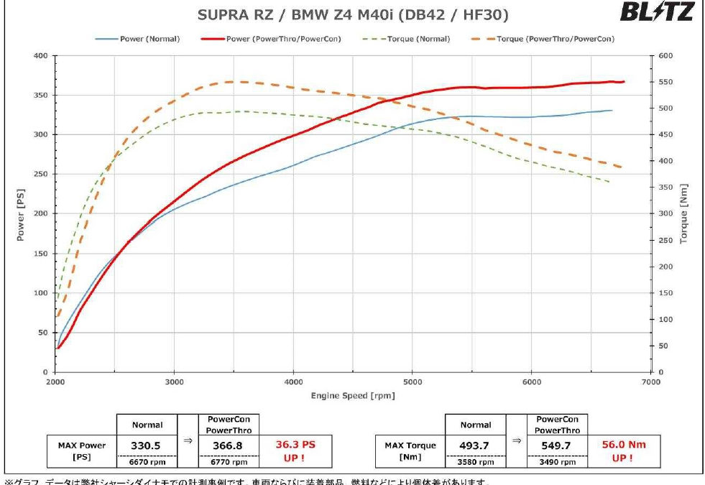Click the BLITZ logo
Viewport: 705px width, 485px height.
point(655,12)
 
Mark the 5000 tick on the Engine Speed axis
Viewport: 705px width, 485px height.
point(412,382)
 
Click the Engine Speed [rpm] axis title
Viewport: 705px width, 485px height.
point(353,396)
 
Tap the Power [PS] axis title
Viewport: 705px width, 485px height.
point(21,213)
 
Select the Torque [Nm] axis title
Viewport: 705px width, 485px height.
point(683,213)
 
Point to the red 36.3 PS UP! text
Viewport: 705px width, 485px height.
point(295,451)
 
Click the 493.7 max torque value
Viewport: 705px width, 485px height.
point(474,445)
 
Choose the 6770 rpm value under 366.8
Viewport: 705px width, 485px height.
point(224,462)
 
